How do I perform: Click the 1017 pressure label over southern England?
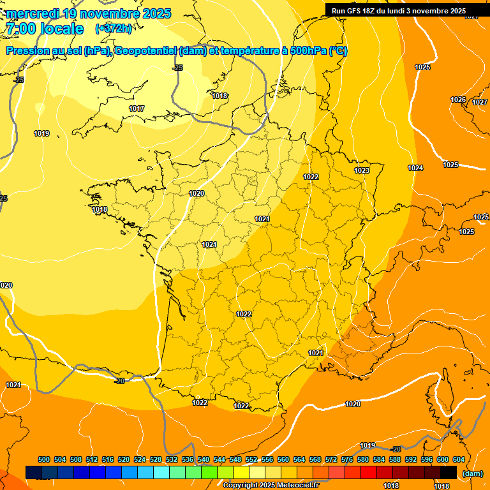(x=137, y=108)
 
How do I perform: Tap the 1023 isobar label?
(x=362, y=170)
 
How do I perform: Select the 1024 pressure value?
(x=415, y=168)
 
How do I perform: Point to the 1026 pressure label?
(x=458, y=100)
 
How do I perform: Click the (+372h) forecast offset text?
(x=114, y=28)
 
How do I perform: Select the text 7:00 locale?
(x=45, y=29)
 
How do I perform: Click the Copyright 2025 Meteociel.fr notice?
(x=271, y=485)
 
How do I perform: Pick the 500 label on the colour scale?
(x=44, y=459)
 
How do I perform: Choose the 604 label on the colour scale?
(x=459, y=459)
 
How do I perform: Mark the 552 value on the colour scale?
(x=251, y=459)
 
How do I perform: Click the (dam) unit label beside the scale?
(x=473, y=473)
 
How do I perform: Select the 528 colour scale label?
(x=156, y=459)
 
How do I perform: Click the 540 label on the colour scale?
(x=204, y=459)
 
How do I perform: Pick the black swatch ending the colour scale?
(x=449, y=472)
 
